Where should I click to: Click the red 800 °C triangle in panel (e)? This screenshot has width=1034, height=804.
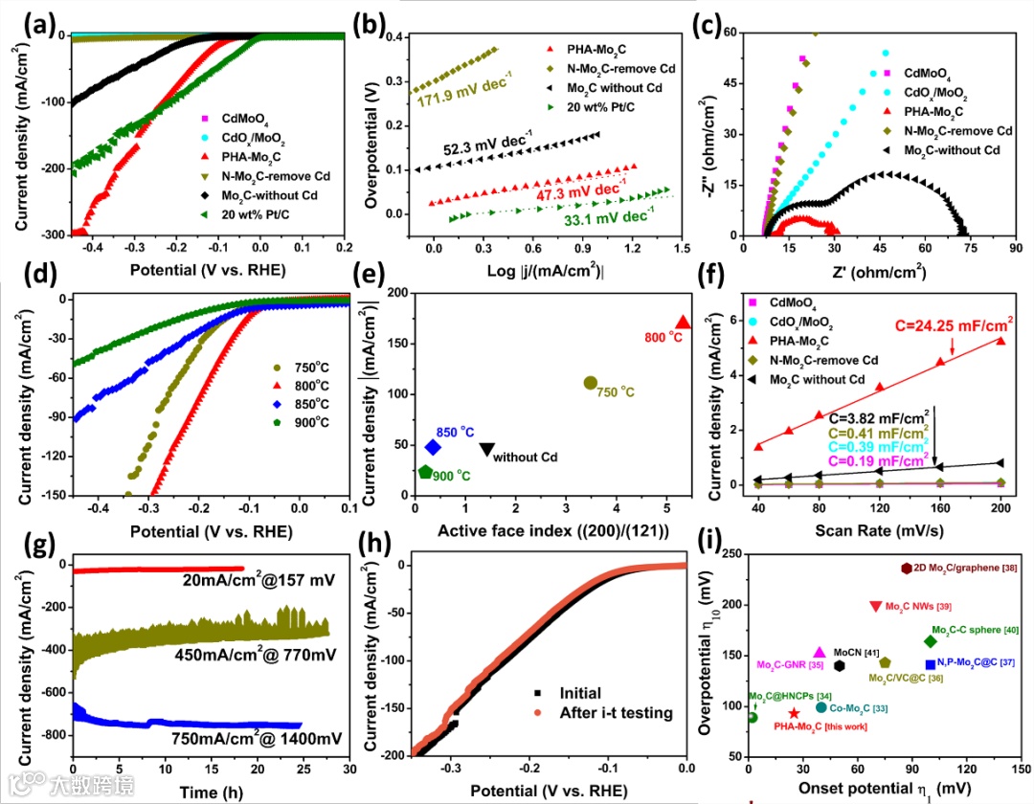[x=683, y=323]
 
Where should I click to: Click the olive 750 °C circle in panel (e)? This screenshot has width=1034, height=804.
[x=591, y=383]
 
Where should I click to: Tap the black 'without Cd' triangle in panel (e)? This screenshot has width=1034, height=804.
[x=487, y=448]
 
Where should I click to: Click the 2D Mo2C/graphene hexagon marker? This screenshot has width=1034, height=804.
[x=908, y=569]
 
